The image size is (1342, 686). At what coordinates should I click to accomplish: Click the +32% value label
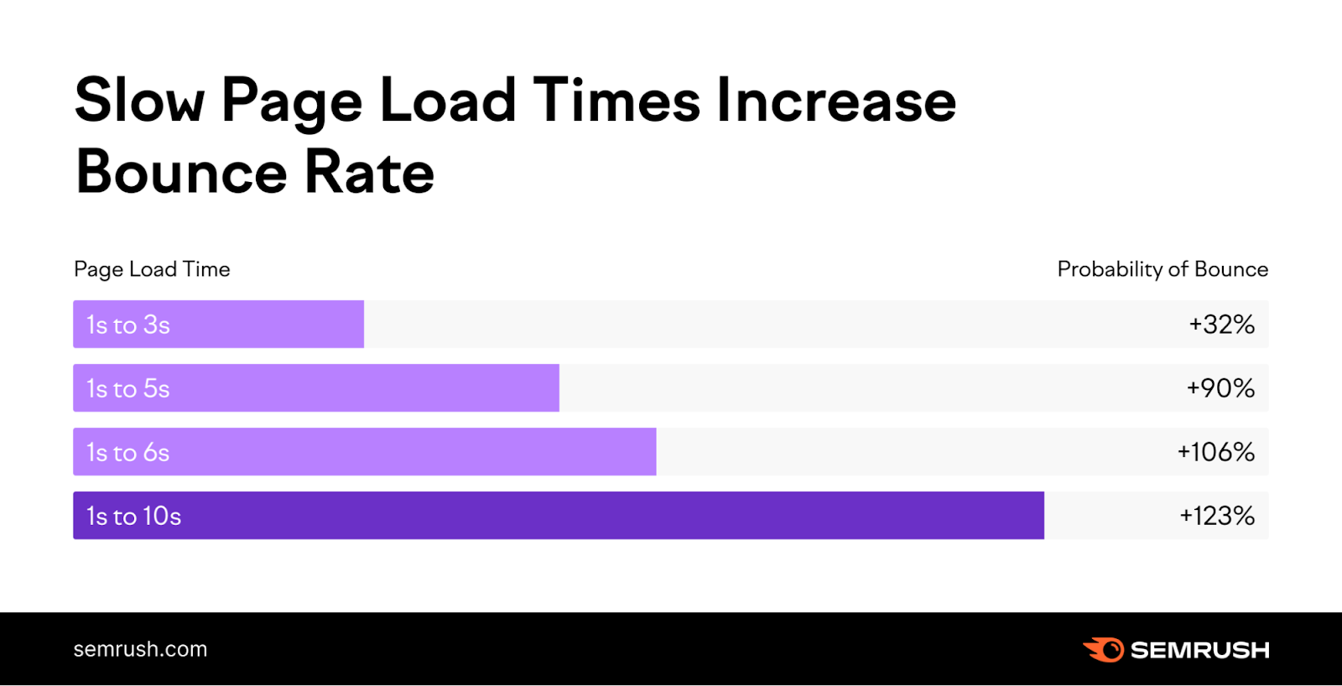[x=1221, y=325]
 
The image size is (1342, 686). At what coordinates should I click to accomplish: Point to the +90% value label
[x=1220, y=388]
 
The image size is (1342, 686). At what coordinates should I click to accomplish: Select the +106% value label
[x=1215, y=452]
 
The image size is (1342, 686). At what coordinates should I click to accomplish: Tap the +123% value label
[x=1217, y=516]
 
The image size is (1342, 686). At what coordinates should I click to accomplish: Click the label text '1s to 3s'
[x=128, y=325]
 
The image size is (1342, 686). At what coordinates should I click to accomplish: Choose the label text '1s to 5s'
[x=128, y=389]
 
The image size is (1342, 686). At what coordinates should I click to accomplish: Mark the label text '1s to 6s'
[x=128, y=453]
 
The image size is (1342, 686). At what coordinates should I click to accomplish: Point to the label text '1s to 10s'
[x=134, y=517]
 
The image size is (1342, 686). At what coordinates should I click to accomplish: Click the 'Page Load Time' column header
[x=152, y=269]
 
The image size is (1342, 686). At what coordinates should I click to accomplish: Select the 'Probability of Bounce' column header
[x=1163, y=269]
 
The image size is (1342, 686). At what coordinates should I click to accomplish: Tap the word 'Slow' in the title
[x=139, y=101]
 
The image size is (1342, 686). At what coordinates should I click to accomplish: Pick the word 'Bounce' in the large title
[x=181, y=172]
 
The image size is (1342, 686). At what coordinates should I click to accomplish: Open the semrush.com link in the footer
[x=140, y=649]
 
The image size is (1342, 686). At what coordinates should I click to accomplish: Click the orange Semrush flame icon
[x=1104, y=650]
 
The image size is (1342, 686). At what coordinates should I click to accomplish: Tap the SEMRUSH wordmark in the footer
[x=1199, y=650]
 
